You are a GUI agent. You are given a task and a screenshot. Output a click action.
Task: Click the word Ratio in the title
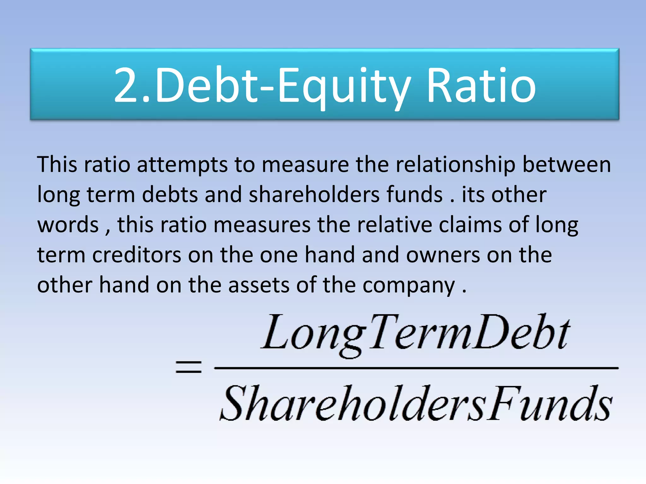[x=481, y=86]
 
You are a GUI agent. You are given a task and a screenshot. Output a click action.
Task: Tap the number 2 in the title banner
[x=127, y=86]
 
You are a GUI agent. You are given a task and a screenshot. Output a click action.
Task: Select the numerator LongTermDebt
[x=416, y=334]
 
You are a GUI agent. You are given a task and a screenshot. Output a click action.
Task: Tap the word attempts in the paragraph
[x=182, y=165]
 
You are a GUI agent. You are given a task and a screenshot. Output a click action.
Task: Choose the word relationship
[x=455, y=165]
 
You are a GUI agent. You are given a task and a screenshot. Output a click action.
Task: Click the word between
[x=567, y=164]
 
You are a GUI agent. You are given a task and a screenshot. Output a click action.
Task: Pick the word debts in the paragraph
[x=170, y=194]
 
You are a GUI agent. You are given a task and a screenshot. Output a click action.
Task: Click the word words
[x=68, y=225]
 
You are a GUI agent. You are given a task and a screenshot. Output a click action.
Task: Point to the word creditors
[x=136, y=255]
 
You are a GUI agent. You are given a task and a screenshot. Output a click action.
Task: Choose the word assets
[x=259, y=285]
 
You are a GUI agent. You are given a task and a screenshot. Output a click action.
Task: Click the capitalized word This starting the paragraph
[x=57, y=164]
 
